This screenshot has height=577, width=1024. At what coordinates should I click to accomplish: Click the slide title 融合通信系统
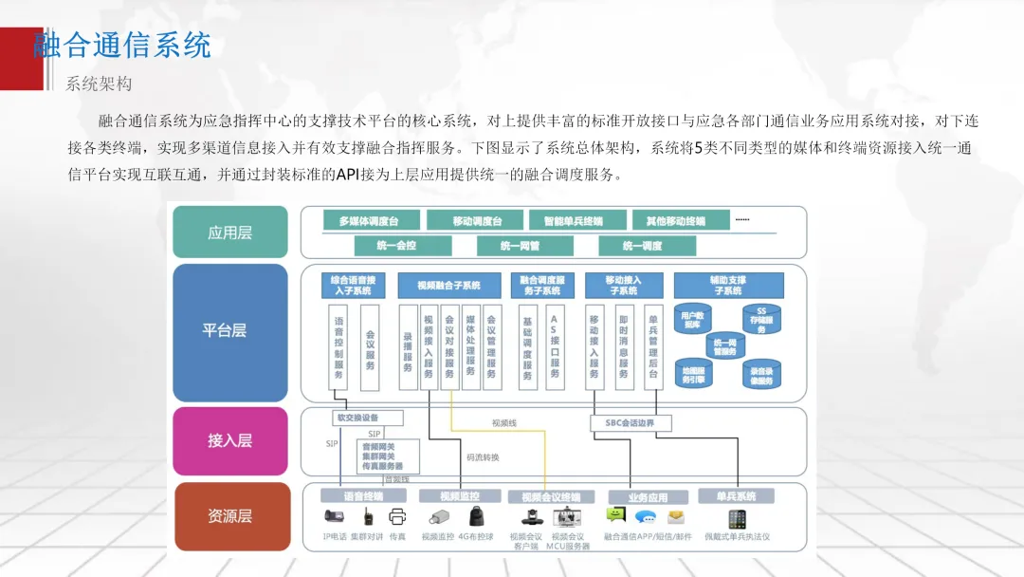(x=122, y=45)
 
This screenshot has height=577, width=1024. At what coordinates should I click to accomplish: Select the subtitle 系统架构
(x=98, y=84)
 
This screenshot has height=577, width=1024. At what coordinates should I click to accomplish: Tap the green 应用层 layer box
(x=229, y=233)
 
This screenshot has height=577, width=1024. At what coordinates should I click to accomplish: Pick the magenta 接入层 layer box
(x=229, y=440)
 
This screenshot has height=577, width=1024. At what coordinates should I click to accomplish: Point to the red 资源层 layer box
(x=229, y=516)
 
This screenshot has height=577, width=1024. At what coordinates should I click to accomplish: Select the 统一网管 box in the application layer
(x=521, y=246)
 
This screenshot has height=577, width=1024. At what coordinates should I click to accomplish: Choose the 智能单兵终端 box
(x=574, y=221)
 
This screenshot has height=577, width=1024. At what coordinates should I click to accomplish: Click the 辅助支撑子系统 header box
(x=728, y=285)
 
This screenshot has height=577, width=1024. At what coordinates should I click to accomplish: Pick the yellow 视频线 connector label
(x=504, y=422)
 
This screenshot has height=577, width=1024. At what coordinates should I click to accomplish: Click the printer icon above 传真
(x=397, y=517)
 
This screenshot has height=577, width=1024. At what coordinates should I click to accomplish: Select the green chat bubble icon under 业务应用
(x=616, y=515)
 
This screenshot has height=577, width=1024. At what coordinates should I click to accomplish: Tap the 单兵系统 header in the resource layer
(x=735, y=496)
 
